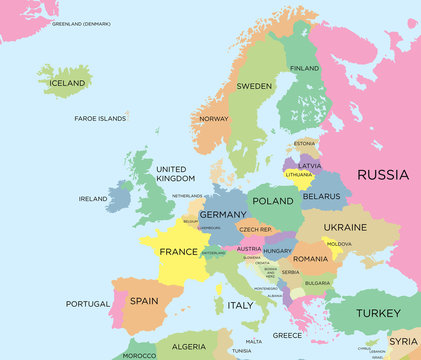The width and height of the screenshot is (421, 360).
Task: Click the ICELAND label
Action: click(x=68, y=83)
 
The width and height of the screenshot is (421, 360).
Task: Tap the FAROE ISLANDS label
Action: click(x=101, y=118)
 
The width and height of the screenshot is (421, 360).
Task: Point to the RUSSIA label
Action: click(x=383, y=175)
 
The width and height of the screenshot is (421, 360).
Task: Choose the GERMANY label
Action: click(x=222, y=215)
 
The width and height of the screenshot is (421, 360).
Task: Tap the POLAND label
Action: click(x=273, y=201)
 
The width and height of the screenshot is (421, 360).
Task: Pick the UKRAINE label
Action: click(x=345, y=227)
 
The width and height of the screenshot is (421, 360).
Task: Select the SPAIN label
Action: click(x=144, y=300)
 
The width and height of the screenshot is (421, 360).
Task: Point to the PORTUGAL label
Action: click(x=87, y=304)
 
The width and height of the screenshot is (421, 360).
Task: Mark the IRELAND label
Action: click(x=93, y=199)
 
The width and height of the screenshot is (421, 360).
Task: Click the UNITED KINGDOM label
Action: click(x=171, y=174)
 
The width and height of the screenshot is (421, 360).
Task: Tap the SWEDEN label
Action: click(x=254, y=86)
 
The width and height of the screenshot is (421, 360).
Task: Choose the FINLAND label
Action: click(x=304, y=68)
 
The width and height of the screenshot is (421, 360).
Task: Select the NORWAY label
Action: click(x=214, y=119)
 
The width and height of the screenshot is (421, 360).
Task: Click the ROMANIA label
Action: click(x=311, y=259)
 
